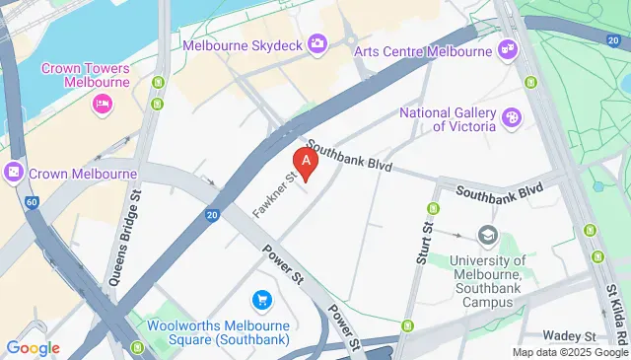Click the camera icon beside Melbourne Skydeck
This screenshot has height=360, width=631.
[317, 42]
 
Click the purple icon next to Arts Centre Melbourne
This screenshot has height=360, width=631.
[508, 47]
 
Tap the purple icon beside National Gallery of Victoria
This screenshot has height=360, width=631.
[512, 118]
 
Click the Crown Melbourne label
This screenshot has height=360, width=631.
[83, 174]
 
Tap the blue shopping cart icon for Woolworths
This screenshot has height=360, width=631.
[261, 299]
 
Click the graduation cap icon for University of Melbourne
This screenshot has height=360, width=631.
[487, 235]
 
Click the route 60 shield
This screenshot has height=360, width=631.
[34, 202]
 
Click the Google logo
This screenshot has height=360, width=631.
[33, 348]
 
